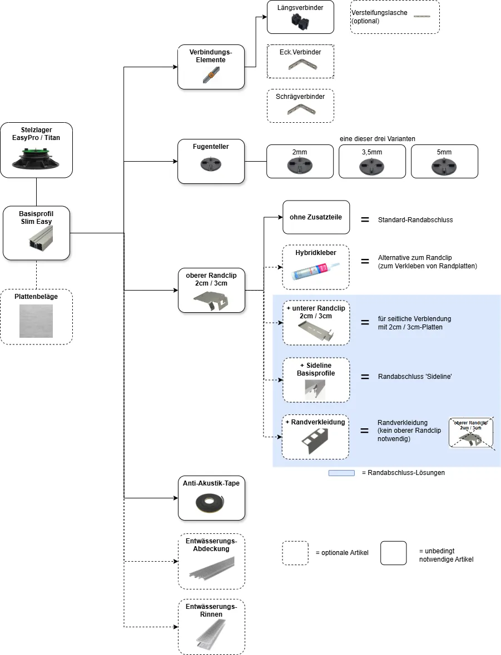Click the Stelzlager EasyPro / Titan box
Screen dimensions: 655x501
pos(37,150)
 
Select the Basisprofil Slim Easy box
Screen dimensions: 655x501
pos(37,233)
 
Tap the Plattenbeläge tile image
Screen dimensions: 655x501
pos(36,321)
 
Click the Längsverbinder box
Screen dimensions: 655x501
pos(300,17)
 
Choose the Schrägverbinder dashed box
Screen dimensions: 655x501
pos(300,106)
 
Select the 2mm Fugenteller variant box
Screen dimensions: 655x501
pos(300,161)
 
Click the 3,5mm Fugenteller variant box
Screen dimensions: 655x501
pos(372,161)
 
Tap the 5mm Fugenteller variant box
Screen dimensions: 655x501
pos(444,161)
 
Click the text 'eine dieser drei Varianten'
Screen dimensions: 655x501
pos(376,138)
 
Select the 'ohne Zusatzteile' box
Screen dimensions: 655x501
pos(316,217)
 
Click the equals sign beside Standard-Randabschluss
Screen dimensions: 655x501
pos(365,219)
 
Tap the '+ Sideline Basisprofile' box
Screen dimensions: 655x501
pos(316,379)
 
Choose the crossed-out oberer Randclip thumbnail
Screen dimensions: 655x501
pos(471,433)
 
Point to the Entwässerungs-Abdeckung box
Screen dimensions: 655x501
pos(211,561)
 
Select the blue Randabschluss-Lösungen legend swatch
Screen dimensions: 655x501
pos(341,473)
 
